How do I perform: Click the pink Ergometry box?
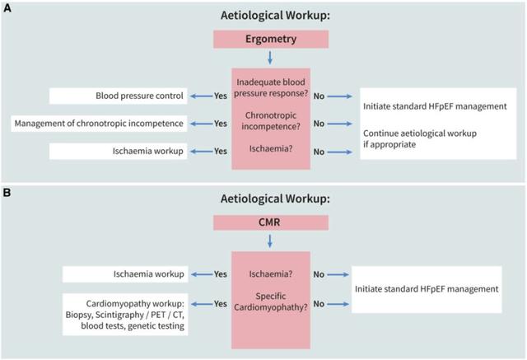point(271,39)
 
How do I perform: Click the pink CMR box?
point(271,222)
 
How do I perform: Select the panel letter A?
point(7,8)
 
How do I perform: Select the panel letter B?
point(7,193)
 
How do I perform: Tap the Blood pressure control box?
point(118,96)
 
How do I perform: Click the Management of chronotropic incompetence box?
point(99,124)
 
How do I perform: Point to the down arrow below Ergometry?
point(270,58)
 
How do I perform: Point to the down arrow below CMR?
point(270,241)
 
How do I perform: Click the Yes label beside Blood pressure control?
point(221,96)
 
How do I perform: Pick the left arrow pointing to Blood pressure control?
point(201,96)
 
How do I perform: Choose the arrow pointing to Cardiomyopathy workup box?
point(203,304)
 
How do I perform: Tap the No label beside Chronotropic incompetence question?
point(319,124)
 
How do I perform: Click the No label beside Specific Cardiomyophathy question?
point(319,304)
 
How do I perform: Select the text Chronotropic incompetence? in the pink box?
point(271,121)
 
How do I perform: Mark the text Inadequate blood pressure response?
point(271,87)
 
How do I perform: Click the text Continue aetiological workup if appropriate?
point(420,139)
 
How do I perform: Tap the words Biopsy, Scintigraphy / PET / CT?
point(124,315)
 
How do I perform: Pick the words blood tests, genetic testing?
point(133,326)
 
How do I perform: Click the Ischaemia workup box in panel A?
point(118,152)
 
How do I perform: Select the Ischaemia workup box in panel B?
point(125,274)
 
